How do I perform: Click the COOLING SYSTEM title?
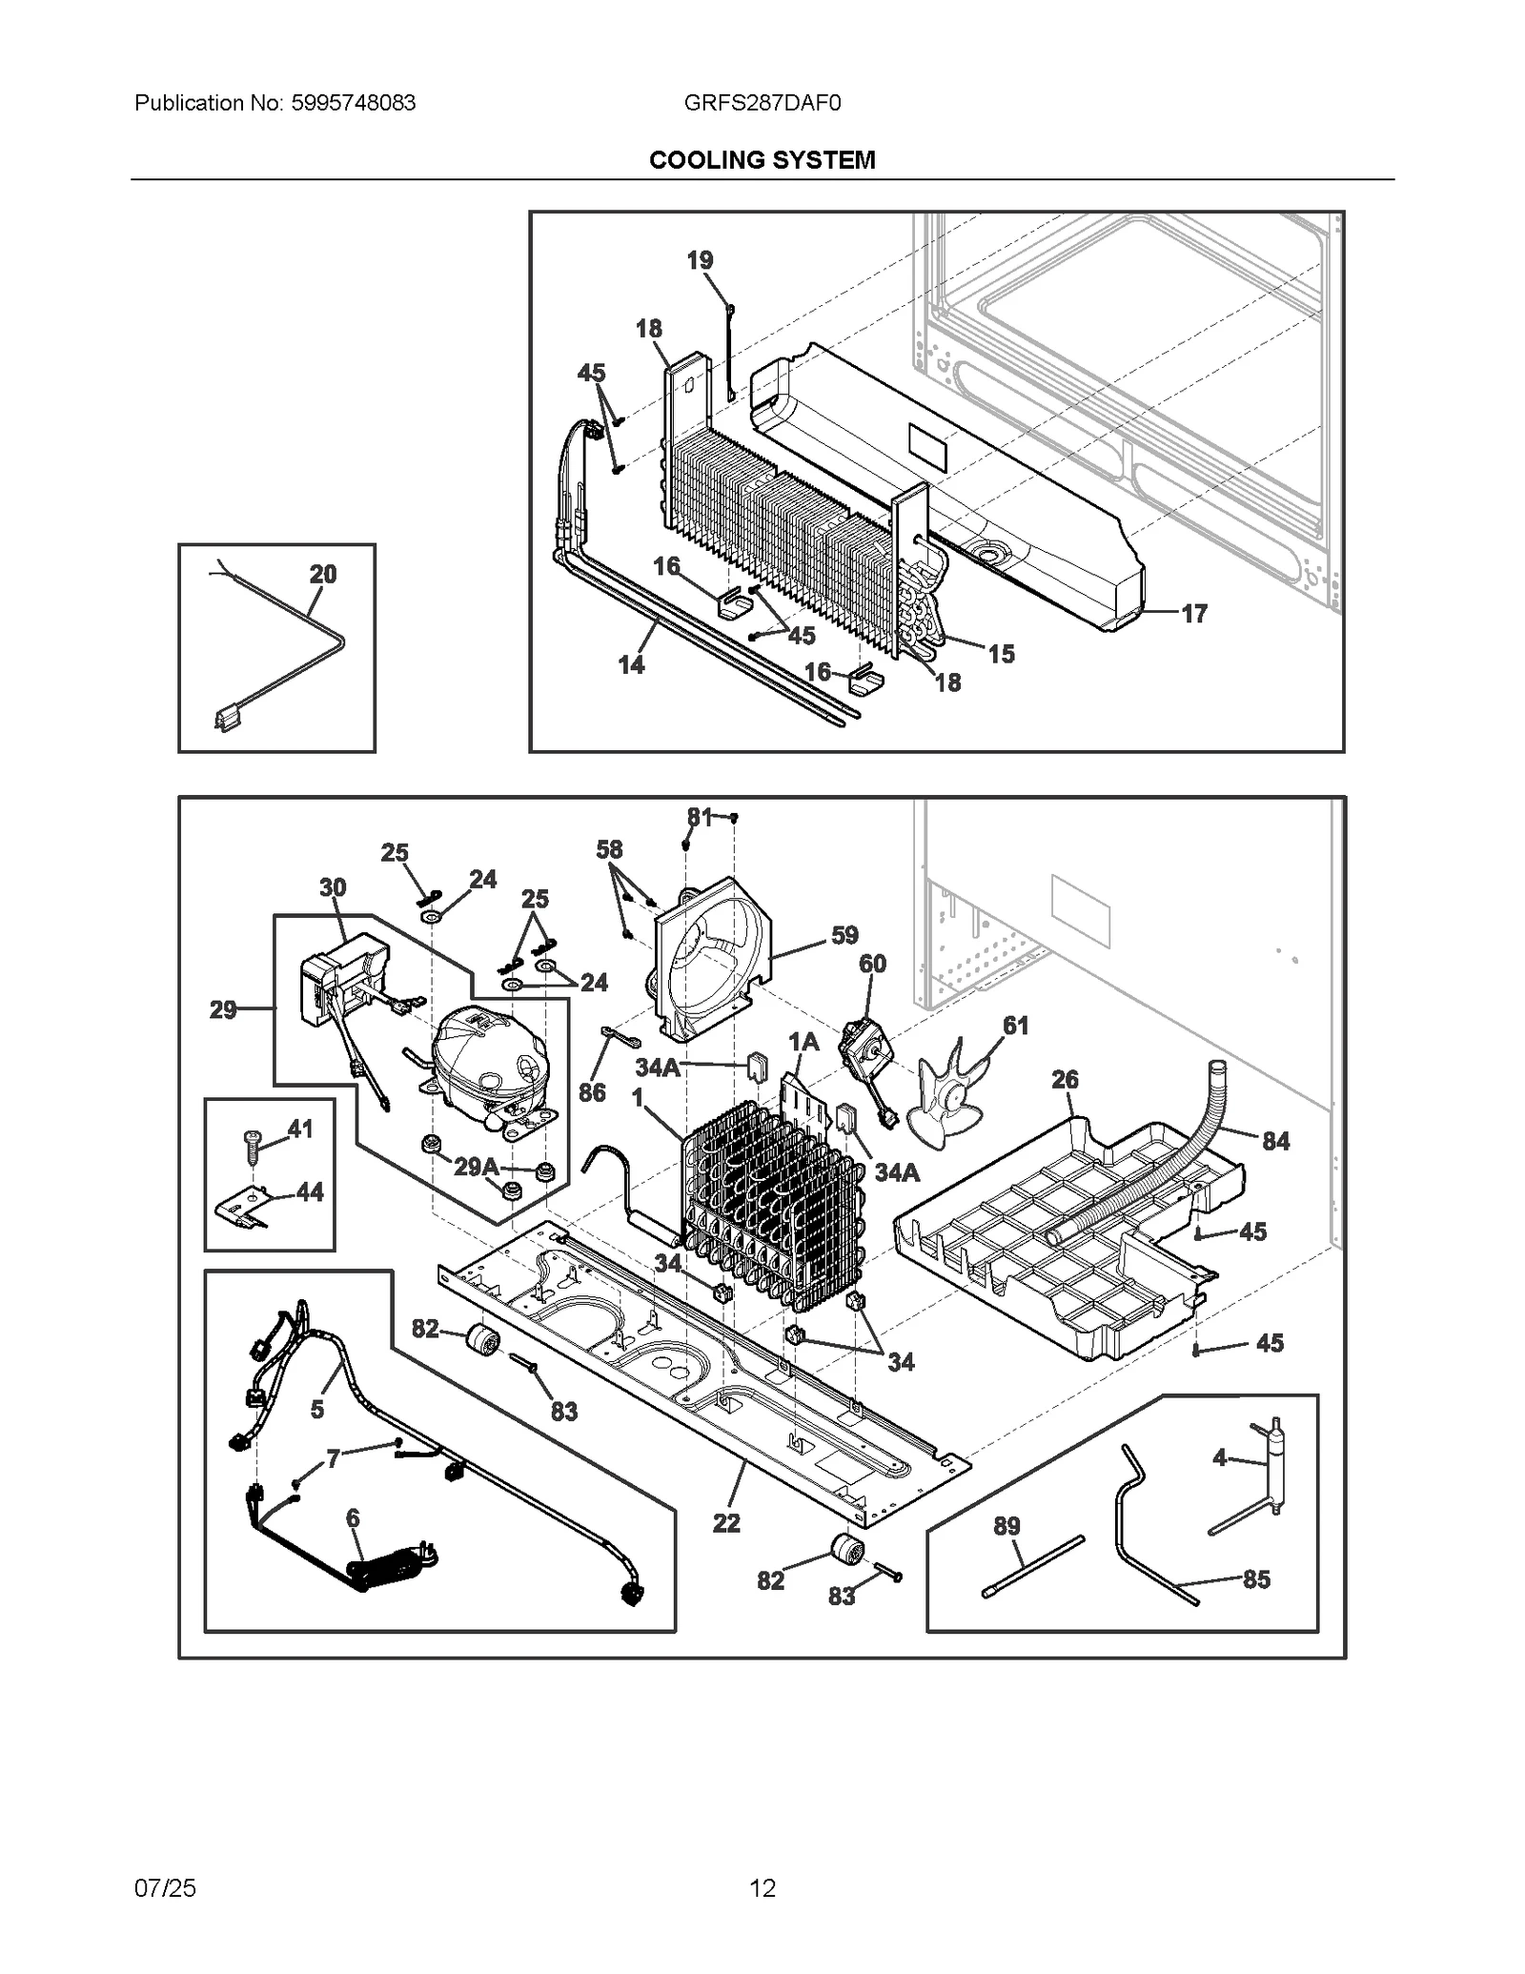pos(762,160)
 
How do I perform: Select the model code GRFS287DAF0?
pos(762,103)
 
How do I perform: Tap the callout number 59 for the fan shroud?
pos(844,935)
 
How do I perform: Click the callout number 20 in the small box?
pos(323,574)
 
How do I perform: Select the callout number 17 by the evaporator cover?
pos(1194,614)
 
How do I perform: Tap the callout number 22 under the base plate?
pos(726,1523)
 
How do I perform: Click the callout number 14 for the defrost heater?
pos(631,664)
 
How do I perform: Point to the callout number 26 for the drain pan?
pos(1065,1079)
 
